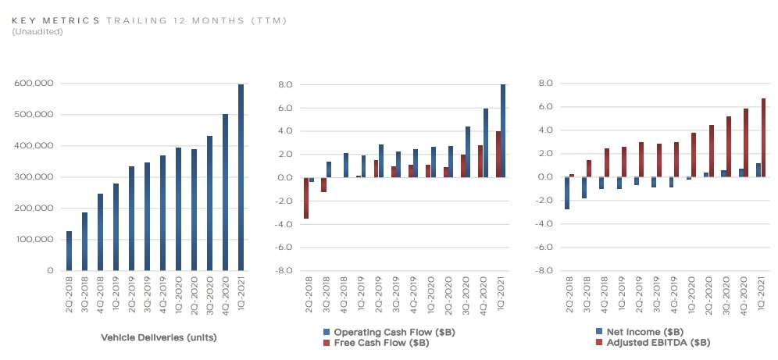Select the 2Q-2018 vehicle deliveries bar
[x=69, y=251]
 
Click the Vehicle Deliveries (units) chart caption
[x=159, y=338]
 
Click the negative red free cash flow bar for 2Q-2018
[x=307, y=198]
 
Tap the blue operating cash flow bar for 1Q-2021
[x=502, y=131]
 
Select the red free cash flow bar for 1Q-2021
[x=497, y=154]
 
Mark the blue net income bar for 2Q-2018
[x=567, y=193]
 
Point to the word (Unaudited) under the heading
[x=37, y=31]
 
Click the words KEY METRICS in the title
[x=55, y=20]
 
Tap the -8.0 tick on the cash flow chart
[x=284, y=271]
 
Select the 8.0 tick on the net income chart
[x=544, y=84]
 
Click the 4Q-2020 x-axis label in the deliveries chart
[x=225, y=294]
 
